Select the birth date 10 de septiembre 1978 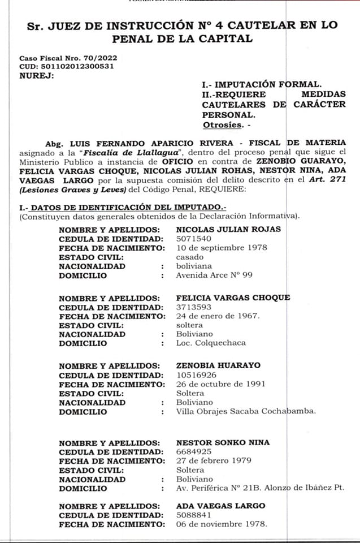pos(222,248)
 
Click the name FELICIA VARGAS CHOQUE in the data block pos(233,298)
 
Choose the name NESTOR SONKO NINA pos(223,442)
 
